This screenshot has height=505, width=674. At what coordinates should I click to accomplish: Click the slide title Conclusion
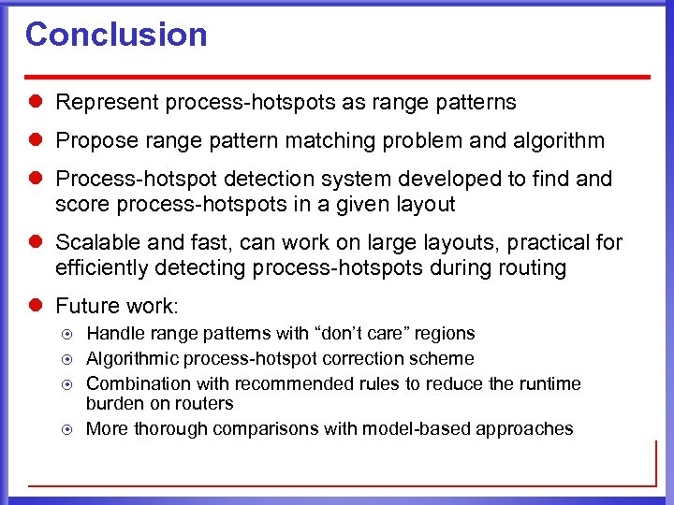[x=116, y=35]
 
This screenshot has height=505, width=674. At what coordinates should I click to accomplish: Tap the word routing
[x=534, y=268]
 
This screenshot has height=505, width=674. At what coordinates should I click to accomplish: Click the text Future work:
[x=118, y=307]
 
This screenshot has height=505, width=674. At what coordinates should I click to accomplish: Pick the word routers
[x=206, y=404]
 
